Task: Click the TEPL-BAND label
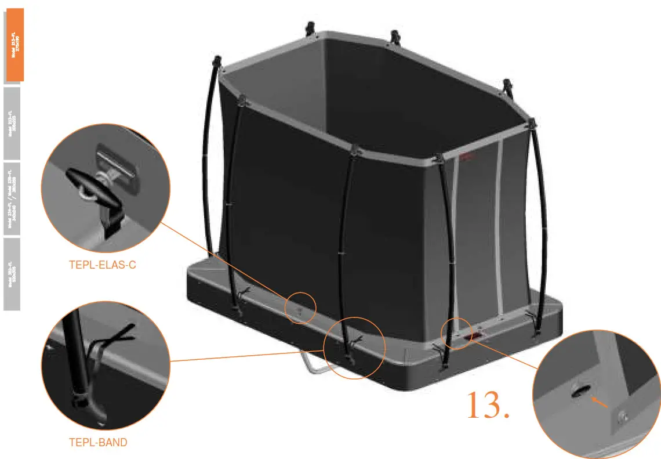point(98,442)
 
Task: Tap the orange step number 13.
point(488,406)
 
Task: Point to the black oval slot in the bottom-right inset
point(580,392)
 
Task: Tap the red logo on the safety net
point(466,156)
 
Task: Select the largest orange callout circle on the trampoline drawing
point(354,348)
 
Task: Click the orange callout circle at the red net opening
point(457,331)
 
